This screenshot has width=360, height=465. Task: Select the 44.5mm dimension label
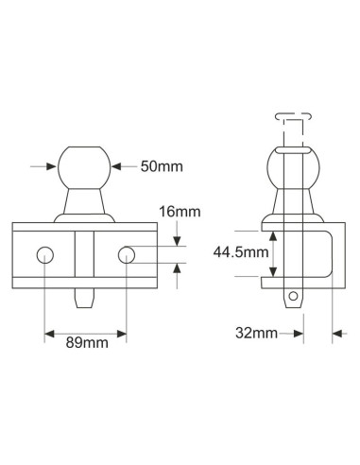(x=231, y=252)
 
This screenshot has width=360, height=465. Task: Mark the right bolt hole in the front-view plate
(x=127, y=254)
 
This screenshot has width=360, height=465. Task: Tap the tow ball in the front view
(x=85, y=166)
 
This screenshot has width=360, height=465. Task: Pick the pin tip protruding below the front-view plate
(x=85, y=296)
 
